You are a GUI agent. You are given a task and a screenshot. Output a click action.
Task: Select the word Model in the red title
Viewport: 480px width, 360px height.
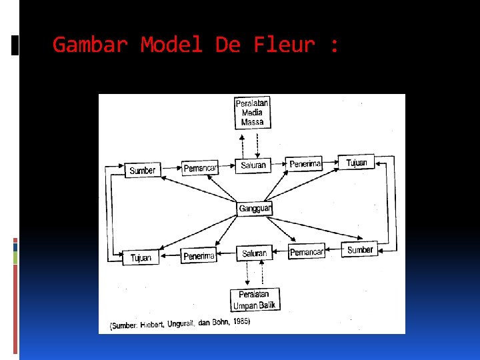[171, 45]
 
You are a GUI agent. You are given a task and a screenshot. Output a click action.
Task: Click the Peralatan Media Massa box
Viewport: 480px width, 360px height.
[253, 113]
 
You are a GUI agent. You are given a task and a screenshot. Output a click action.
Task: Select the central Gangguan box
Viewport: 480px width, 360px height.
[255, 209]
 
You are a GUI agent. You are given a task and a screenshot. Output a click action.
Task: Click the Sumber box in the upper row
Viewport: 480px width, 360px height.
[143, 170]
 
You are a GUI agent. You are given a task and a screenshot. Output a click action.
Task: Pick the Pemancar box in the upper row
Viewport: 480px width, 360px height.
[200, 168]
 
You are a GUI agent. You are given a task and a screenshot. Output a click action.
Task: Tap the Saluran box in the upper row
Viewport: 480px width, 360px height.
[253, 165]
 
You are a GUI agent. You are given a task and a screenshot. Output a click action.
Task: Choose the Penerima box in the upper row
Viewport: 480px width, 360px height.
[305, 163]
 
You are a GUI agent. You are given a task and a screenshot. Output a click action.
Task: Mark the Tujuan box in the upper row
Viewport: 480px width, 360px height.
[357, 162]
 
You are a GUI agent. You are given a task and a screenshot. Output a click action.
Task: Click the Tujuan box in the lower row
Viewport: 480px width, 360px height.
[141, 257]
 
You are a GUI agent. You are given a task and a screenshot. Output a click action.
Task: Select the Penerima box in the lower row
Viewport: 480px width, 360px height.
[199, 255]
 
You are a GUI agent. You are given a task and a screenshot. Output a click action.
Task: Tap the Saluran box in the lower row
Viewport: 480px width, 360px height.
[254, 253]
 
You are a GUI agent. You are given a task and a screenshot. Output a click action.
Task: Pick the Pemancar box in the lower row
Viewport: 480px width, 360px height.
[307, 252]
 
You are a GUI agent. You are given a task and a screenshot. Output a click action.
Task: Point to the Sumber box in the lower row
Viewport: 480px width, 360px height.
[360, 250]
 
